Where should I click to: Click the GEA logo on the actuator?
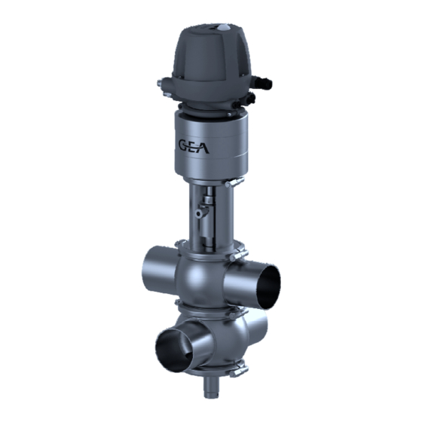194,146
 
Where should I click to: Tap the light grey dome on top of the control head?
223,27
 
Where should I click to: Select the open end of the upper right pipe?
268,286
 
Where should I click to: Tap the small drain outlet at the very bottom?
211,387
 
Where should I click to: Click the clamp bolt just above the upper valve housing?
238,255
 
